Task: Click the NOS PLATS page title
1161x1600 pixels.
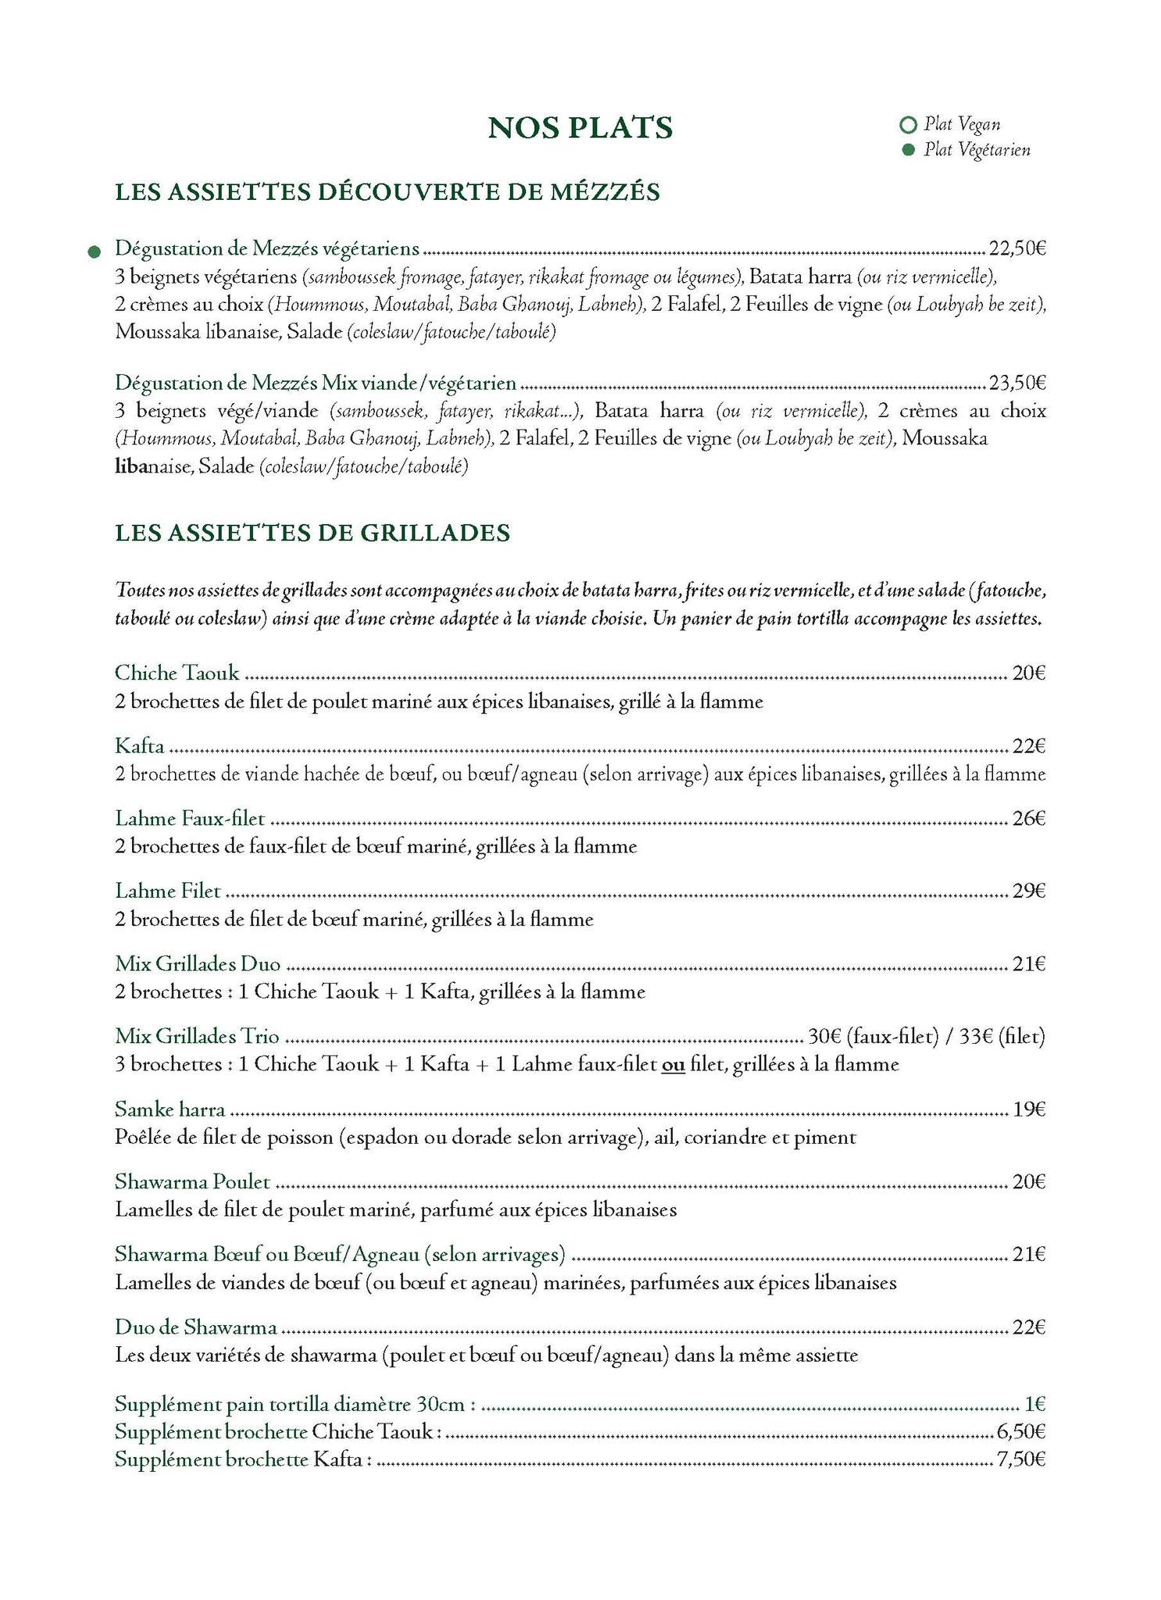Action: (x=580, y=128)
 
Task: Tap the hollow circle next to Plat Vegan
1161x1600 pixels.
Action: (x=907, y=124)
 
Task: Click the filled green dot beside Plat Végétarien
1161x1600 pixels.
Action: (x=908, y=150)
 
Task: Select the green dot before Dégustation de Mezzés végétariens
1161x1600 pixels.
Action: (x=94, y=252)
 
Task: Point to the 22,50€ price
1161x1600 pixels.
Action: (x=1017, y=249)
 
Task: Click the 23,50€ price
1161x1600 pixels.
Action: (x=1017, y=383)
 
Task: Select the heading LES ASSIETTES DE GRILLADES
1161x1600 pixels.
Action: (x=313, y=533)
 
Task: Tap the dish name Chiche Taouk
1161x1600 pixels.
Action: (x=177, y=673)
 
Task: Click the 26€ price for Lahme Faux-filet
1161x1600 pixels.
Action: (x=1029, y=819)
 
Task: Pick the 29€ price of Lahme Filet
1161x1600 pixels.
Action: (x=1029, y=891)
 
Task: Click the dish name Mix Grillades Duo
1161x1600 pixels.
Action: (x=198, y=964)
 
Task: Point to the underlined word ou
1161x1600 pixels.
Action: (x=673, y=1064)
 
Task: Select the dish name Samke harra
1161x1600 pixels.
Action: (x=170, y=1109)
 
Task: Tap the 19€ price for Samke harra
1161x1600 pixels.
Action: (x=1029, y=1109)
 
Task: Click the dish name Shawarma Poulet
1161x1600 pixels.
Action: (x=192, y=1182)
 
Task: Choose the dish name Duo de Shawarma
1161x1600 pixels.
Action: (x=196, y=1327)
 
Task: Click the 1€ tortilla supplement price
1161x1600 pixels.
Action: (x=1034, y=1405)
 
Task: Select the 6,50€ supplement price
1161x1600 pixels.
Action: (x=1021, y=1432)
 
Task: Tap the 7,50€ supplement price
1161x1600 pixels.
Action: (x=1021, y=1459)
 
